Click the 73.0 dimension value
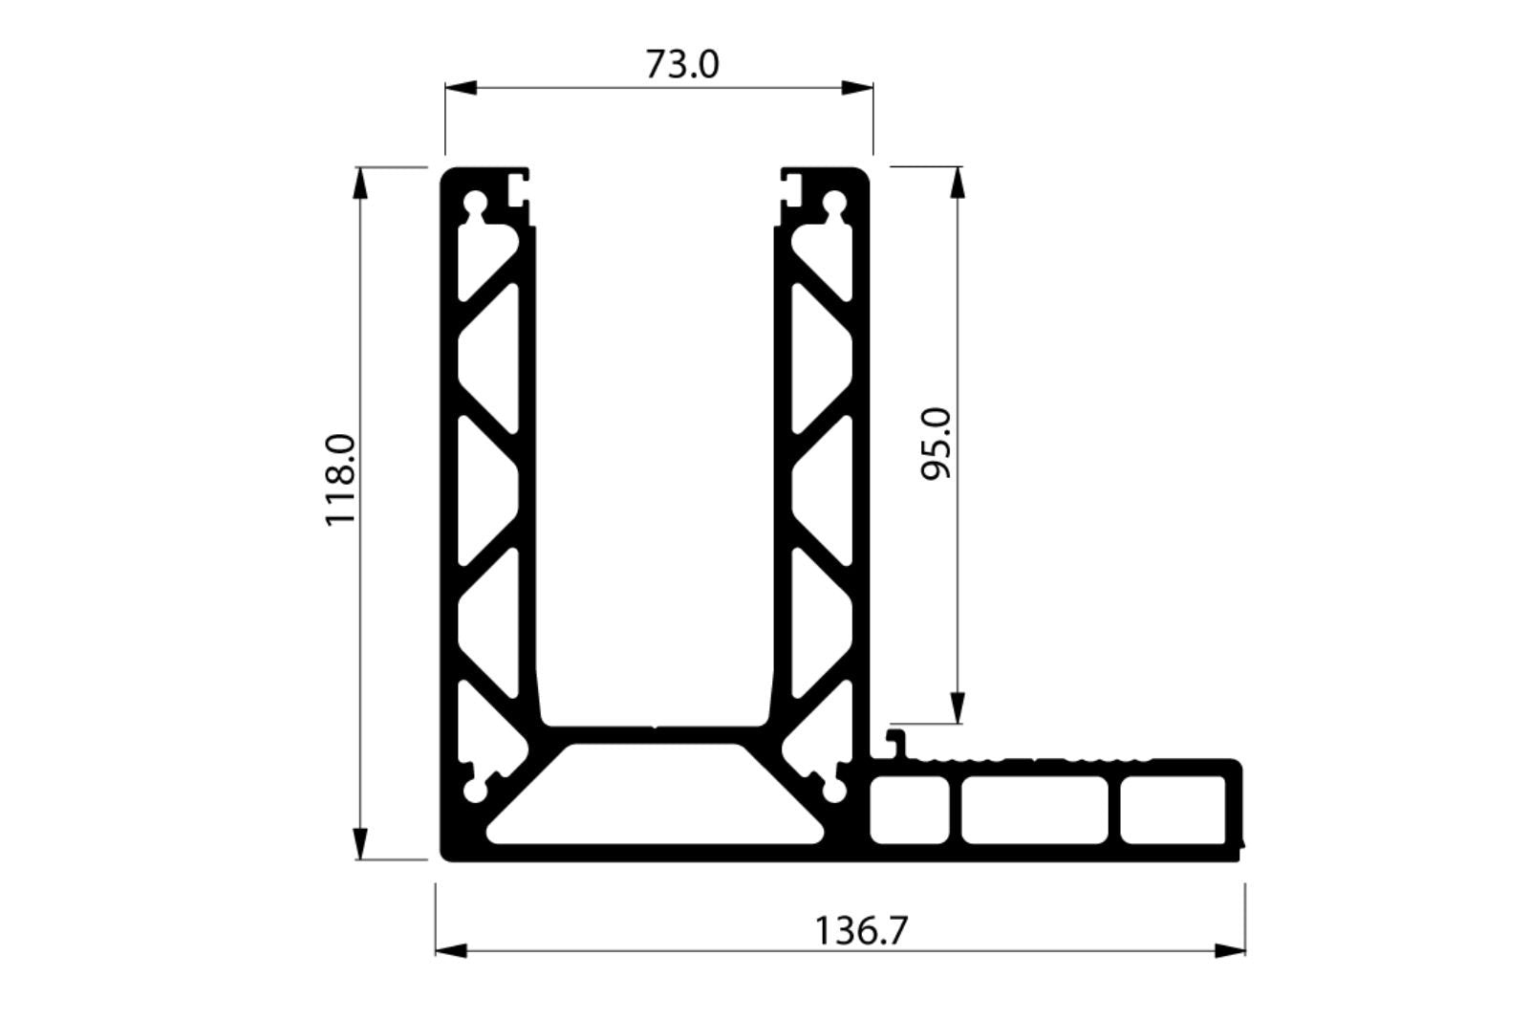click(681, 65)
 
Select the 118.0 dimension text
click(340, 479)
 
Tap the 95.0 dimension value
click(937, 443)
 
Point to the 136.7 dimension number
click(860, 929)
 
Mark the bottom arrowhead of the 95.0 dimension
click(958, 709)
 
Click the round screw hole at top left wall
click(474, 204)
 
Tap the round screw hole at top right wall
click(834, 204)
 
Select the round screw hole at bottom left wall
click(474, 793)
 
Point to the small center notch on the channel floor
click(655, 726)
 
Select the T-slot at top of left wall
click(517, 186)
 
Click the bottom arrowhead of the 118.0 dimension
click(360, 845)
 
